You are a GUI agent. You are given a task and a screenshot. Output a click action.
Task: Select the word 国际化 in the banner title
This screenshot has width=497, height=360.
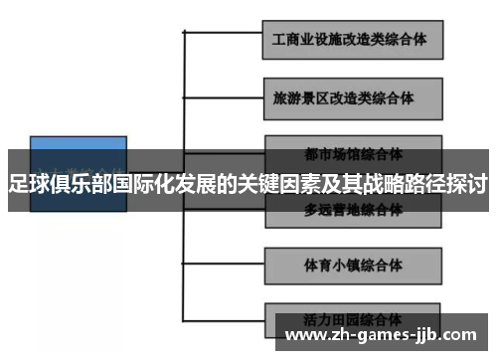(x=135, y=183)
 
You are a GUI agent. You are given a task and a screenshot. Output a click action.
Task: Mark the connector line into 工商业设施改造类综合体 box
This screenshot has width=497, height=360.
(x=224, y=39)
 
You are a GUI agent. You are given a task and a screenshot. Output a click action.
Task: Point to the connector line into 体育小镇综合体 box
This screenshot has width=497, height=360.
(x=224, y=265)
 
